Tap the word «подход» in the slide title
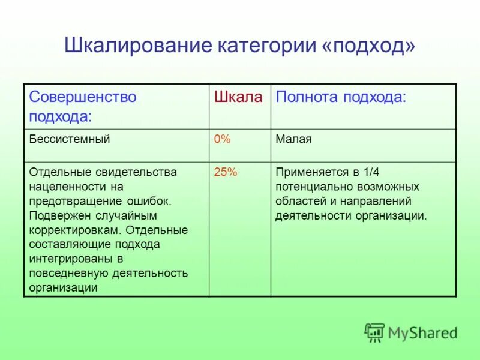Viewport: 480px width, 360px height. pyautogui.click(x=368, y=46)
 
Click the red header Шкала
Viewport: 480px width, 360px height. pyautogui.click(x=239, y=97)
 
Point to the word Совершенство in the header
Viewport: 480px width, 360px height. pyautogui.click(x=83, y=97)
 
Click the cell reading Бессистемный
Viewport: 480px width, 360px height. pyautogui.click(x=70, y=139)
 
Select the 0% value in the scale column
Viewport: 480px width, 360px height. pyautogui.click(x=223, y=139)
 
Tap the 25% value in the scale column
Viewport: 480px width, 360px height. pyautogui.click(x=226, y=172)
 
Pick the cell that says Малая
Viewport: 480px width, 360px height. pyautogui.click(x=293, y=139)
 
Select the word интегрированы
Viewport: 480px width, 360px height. pyautogui.click(x=68, y=259)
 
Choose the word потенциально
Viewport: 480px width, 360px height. pyautogui.click(x=311, y=187)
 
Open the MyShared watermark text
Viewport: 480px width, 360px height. pyautogui.click(x=422, y=332)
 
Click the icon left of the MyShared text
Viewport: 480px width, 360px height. pyautogui.click(x=374, y=332)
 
